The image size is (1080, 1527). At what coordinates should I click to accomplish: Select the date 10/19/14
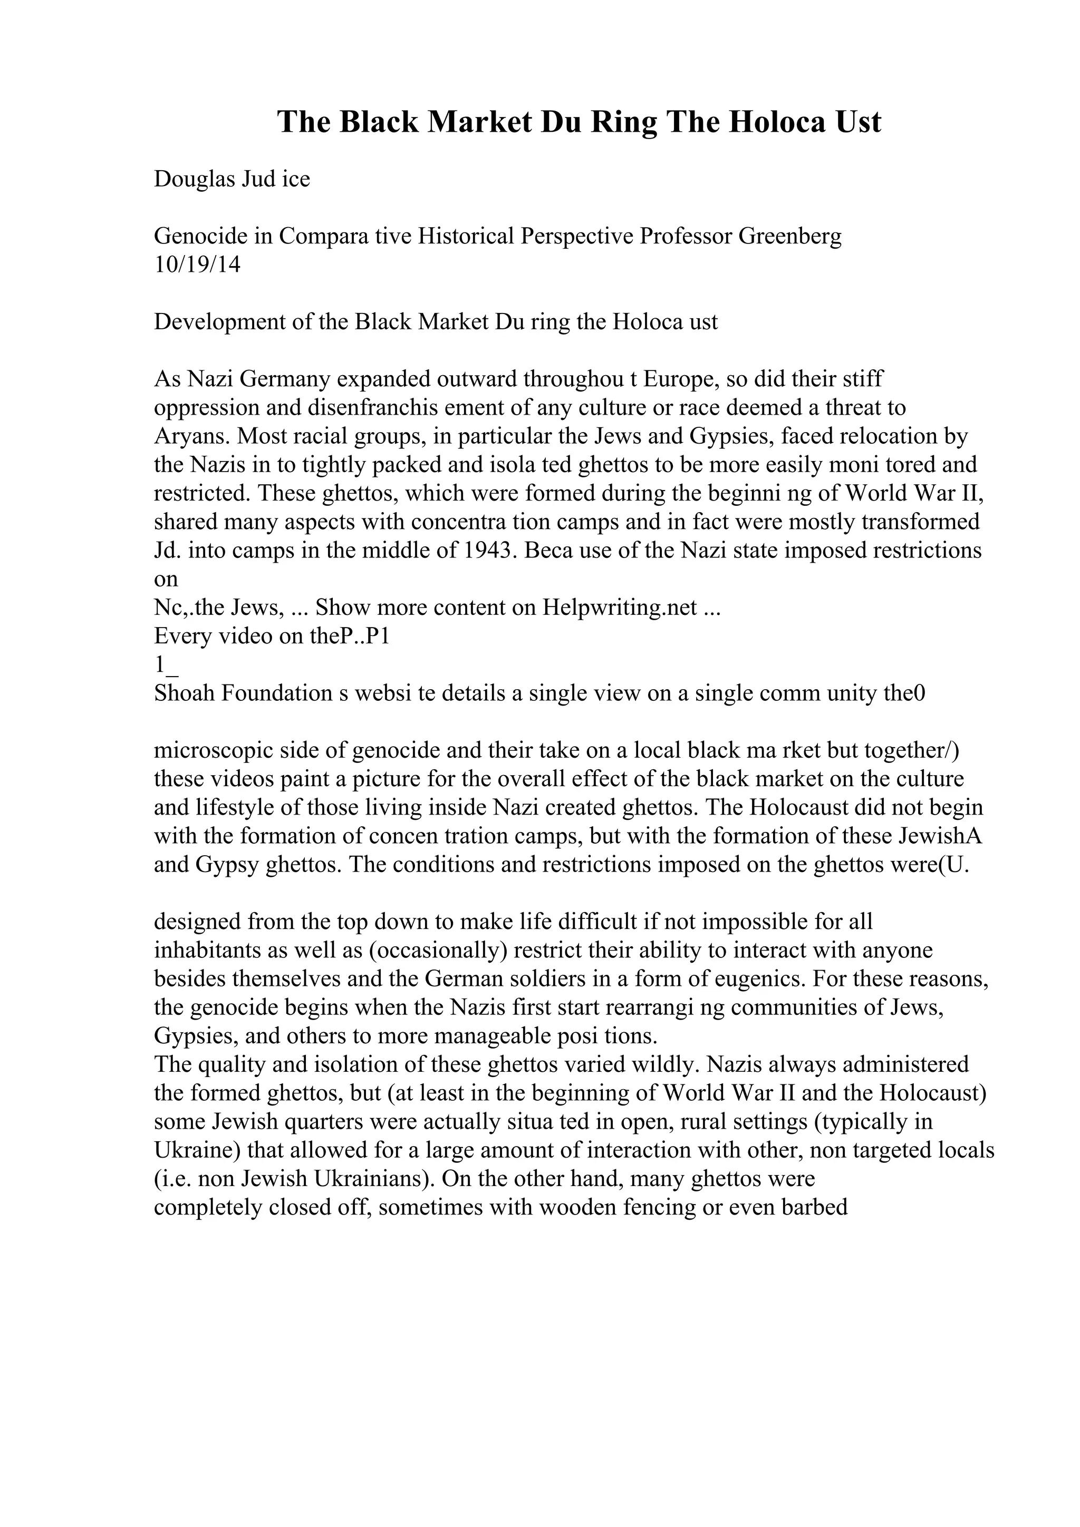point(197,265)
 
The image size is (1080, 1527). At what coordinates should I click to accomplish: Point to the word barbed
point(815,1208)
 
